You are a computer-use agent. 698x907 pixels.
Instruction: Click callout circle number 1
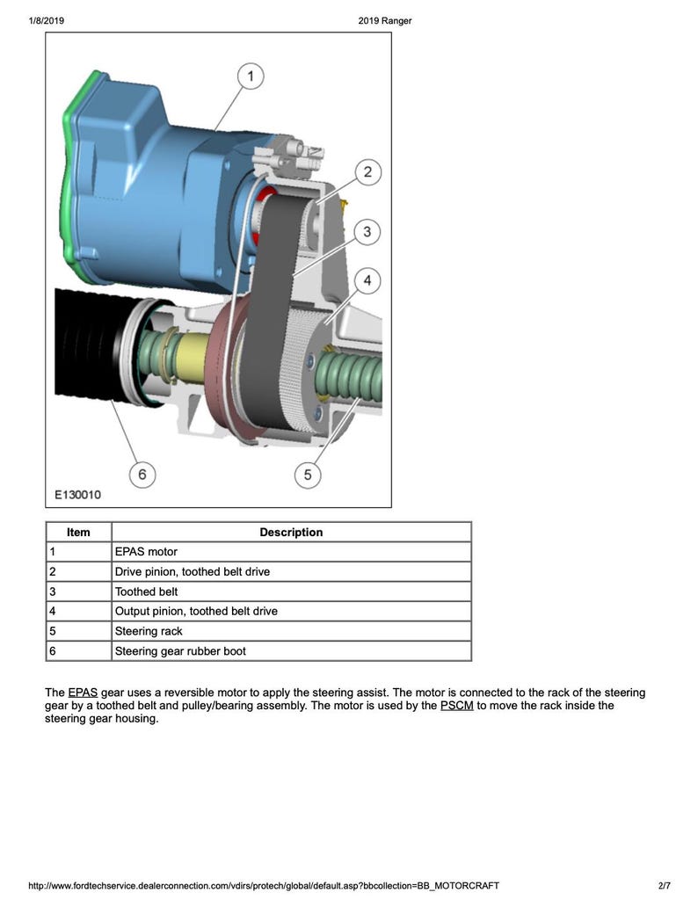[x=251, y=77]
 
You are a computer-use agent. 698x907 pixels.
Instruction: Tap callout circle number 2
[x=367, y=172]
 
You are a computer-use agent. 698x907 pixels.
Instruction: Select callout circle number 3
[x=367, y=232]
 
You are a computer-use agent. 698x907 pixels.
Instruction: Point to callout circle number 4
[x=367, y=281]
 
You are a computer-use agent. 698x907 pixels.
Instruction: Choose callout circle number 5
[x=307, y=475]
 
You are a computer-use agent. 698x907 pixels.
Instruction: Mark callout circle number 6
[x=142, y=475]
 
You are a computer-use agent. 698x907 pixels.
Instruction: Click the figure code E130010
[x=77, y=495]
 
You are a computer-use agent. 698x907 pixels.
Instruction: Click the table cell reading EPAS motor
[x=146, y=552]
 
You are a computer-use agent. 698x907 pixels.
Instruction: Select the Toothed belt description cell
[x=146, y=591]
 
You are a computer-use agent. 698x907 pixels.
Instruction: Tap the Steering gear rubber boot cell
[x=180, y=651]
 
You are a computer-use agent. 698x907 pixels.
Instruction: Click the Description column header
[x=291, y=532]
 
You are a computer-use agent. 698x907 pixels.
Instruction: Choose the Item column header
[x=78, y=532]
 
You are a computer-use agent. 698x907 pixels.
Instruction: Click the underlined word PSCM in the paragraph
[x=456, y=706]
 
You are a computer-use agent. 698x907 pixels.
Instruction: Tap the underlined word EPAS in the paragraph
[x=83, y=693]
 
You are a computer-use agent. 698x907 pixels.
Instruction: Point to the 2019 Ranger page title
[x=385, y=21]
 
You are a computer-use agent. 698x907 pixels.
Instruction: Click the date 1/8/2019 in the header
[x=47, y=21]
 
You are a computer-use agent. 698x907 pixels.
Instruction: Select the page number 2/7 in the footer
[x=664, y=885]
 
